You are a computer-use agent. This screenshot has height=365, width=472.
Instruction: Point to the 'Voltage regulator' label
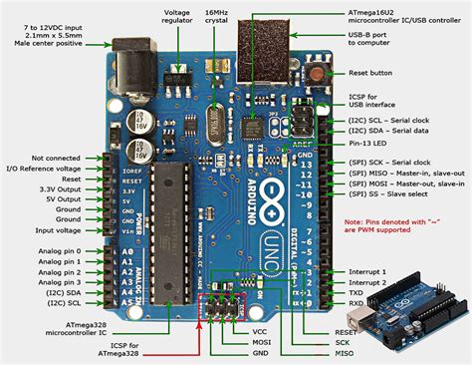[x=184, y=19]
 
